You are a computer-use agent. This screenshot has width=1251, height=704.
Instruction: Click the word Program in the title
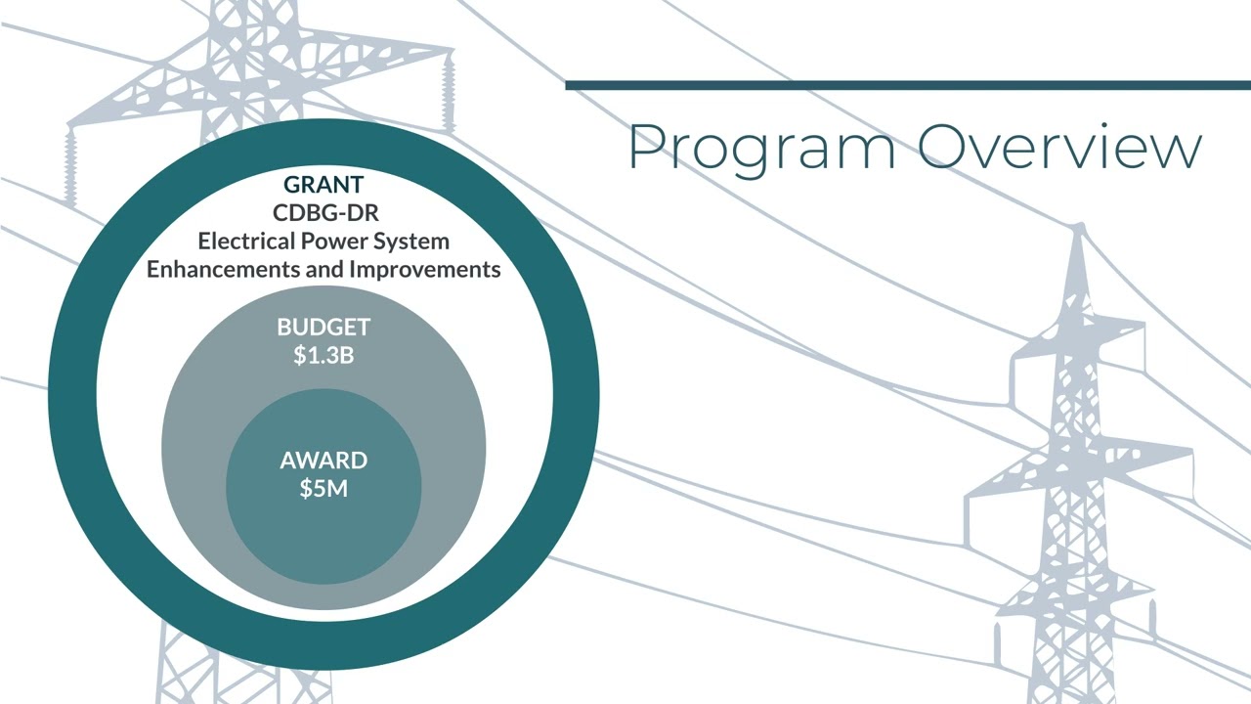tap(760, 149)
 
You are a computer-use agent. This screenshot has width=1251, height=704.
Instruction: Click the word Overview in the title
tap(1058, 147)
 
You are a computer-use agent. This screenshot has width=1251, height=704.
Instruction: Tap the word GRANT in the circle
tap(324, 184)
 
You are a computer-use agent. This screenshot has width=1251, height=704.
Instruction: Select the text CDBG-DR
tap(324, 212)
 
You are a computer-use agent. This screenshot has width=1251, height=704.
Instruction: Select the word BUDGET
tap(324, 328)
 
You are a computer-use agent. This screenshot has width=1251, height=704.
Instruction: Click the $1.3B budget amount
tap(324, 355)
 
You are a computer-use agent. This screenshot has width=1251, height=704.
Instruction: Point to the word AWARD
tap(324, 461)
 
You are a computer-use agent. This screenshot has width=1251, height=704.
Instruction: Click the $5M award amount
tap(324, 488)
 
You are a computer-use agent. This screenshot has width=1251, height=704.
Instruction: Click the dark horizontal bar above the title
tap(907, 86)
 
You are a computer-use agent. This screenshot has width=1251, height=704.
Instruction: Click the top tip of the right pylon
tap(1079, 227)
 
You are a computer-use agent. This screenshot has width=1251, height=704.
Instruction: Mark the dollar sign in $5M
tap(306, 488)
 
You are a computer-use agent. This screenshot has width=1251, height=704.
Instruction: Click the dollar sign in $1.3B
tap(300, 355)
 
